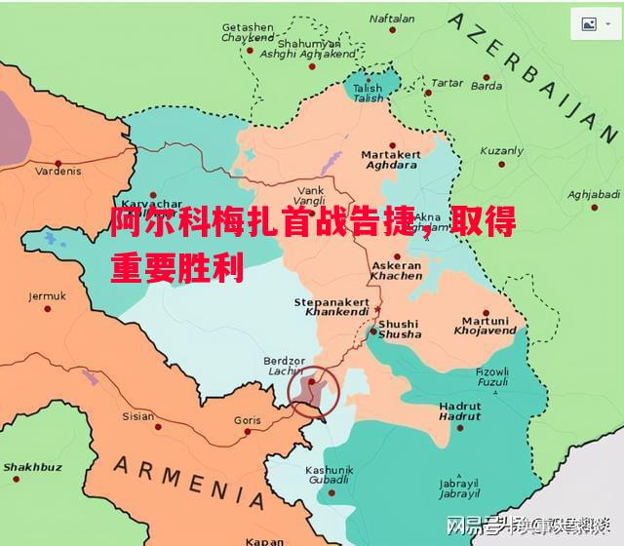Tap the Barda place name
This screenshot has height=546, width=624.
click(487, 86)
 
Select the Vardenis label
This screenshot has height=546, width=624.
click(58, 171)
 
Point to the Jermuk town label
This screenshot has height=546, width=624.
click(47, 296)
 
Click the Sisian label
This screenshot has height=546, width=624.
click(137, 416)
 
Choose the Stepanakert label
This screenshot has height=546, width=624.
click(331, 303)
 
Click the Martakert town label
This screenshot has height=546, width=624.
click(390, 154)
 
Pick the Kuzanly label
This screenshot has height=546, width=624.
click(502, 151)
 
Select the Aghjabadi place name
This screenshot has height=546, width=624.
click(593, 194)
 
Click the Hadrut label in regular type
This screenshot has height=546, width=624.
click(459, 405)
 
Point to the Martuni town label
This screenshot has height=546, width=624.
click(485, 321)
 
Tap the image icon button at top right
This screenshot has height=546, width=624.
click(589, 24)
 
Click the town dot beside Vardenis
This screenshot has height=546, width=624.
click(58, 162)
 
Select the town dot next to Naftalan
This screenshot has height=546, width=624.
click(393, 30)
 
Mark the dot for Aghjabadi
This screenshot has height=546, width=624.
click(593, 206)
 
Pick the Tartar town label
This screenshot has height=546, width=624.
click(448, 84)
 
